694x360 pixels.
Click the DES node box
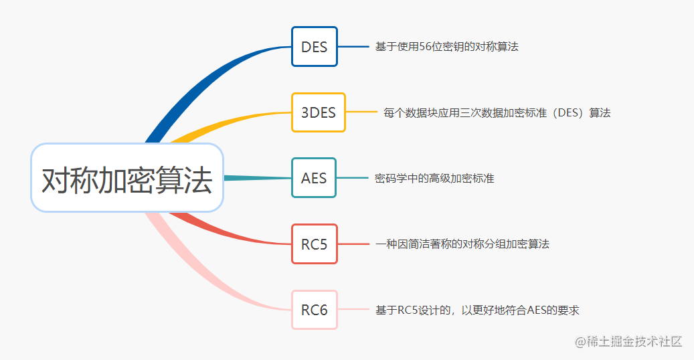[314, 47]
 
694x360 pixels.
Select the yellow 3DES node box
[319, 112]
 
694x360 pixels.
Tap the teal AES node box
[314, 178]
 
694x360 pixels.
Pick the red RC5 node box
[314, 244]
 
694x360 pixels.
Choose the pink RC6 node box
[314, 310]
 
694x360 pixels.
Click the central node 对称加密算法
[126, 179]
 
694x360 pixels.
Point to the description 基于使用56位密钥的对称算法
[446, 47]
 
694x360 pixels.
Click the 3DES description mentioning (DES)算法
[497, 113]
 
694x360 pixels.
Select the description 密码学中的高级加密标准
[434, 179]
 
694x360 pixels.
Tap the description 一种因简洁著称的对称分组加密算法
[462, 244]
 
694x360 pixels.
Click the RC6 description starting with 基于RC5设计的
[476, 310]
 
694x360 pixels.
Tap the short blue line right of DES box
[353, 47]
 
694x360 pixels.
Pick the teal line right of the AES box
[352, 178]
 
